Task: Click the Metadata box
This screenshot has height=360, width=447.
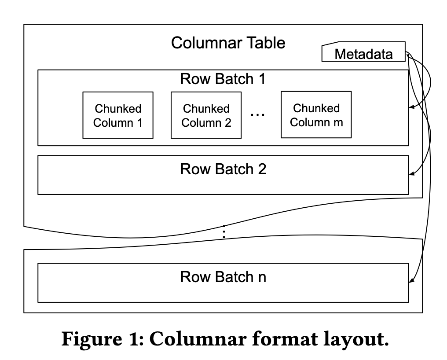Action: pos(363,54)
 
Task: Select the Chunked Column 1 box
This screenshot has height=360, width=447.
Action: pos(118,115)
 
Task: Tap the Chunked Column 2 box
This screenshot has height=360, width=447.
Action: pos(206,115)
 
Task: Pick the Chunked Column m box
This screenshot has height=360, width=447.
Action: pos(316,115)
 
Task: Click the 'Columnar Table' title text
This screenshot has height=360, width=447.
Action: pos(228,43)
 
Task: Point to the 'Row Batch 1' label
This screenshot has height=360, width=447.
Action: pos(223,79)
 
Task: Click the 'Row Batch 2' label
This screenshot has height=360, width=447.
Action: pos(223,169)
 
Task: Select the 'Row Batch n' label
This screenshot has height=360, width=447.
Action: pos(223,277)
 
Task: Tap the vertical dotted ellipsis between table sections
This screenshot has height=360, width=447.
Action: pos(224,232)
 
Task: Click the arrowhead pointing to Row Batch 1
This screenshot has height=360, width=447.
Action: pos(412,107)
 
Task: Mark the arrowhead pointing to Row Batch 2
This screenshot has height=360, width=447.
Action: pos(412,174)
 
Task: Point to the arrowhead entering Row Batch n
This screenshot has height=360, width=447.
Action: pos(412,282)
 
